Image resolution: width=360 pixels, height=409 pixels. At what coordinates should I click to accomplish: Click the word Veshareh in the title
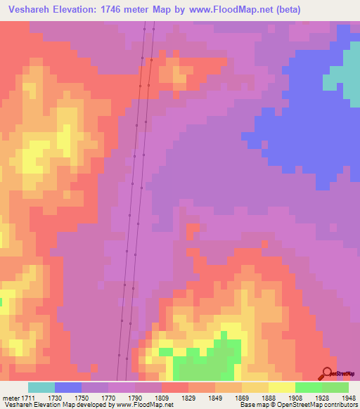(x=31, y=10)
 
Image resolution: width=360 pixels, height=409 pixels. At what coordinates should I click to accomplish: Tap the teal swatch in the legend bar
(x=41, y=387)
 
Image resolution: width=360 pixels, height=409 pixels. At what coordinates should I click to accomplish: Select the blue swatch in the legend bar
(x=68, y=387)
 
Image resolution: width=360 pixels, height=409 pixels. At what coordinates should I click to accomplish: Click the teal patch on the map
(x=341, y=70)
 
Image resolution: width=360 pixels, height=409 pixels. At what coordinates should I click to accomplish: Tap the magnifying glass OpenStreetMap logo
(x=327, y=374)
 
